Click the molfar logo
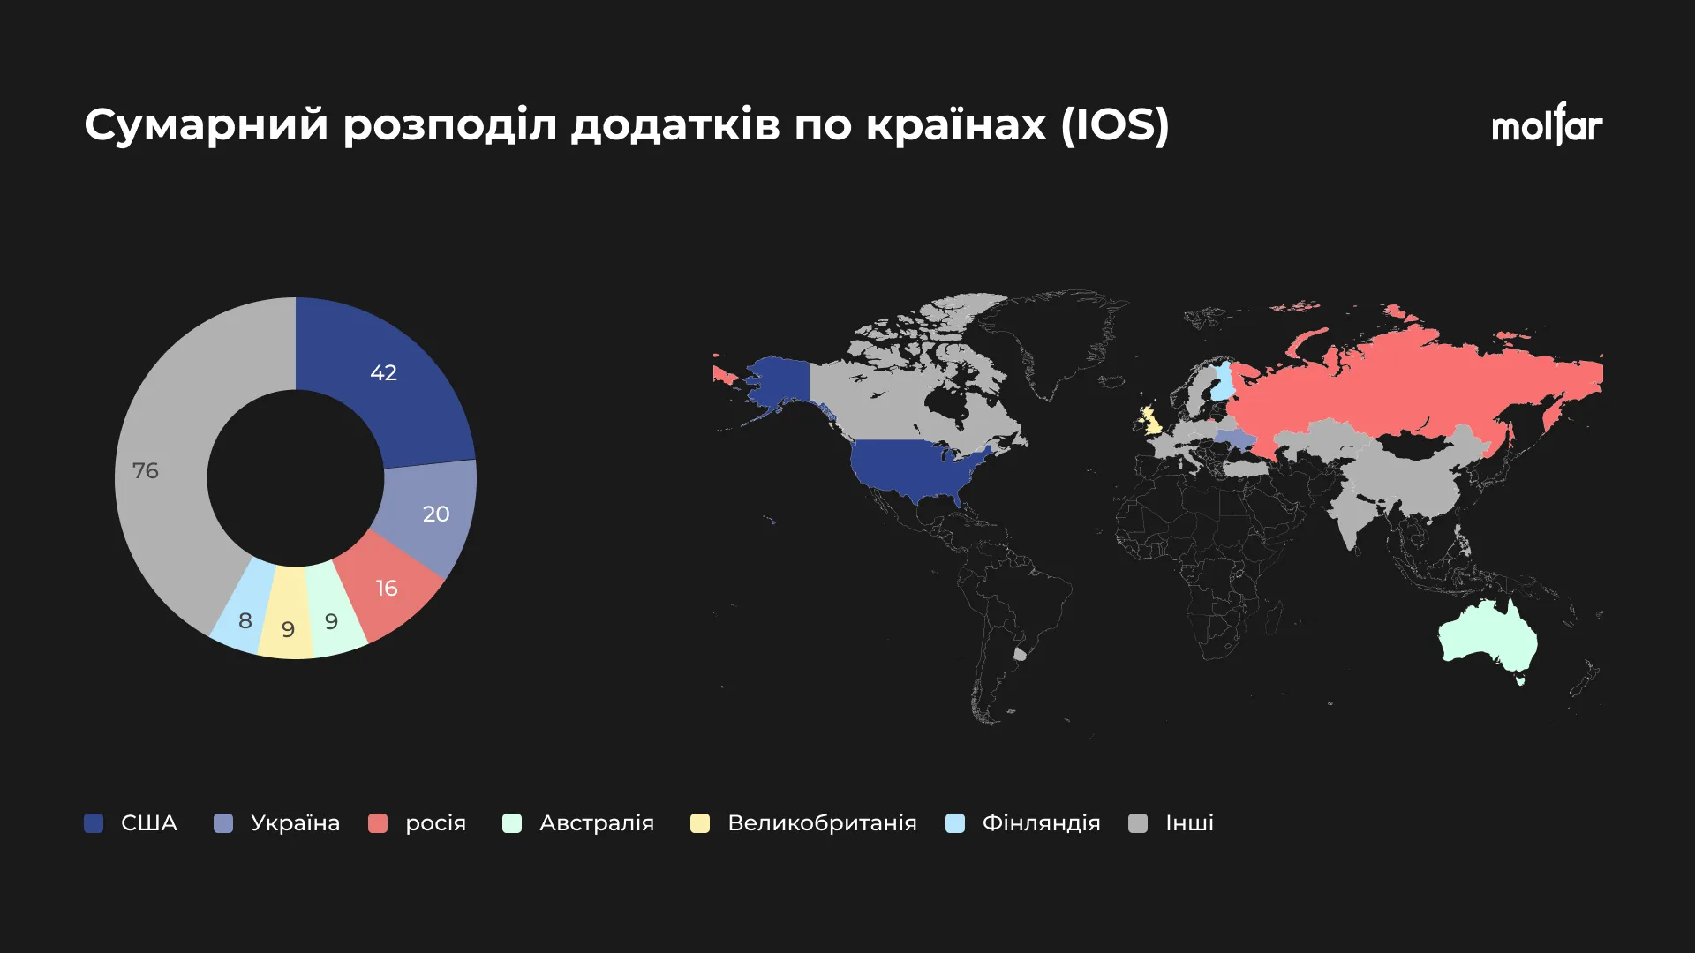[1547, 124]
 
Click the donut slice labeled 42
[388, 379]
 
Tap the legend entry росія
[417, 823]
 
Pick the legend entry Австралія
[578, 823]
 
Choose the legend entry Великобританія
[803, 823]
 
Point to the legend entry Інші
[1171, 823]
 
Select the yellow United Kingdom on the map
[1150, 421]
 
